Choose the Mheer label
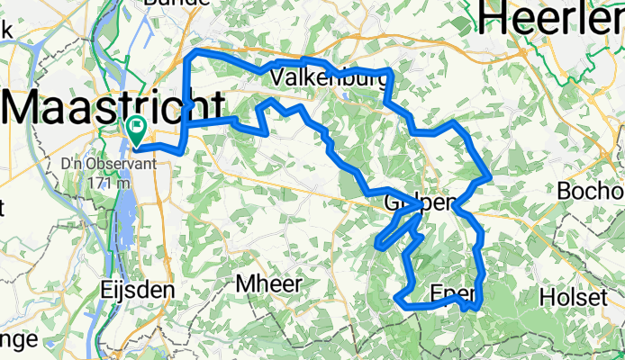(x=267, y=283)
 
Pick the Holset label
(x=571, y=297)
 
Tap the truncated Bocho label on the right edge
(x=590, y=192)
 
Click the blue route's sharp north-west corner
(x=187, y=57)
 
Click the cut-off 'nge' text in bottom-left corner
(x=18, y=339)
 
